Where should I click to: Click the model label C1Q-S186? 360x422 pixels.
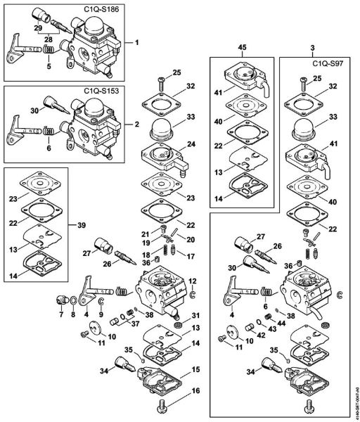click(101, 12)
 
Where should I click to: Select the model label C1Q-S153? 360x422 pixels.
click(101, 91)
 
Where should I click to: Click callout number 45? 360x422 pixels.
click(243, 48)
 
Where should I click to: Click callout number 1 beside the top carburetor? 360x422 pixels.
click(136, 42)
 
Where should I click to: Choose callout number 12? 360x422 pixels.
click(191, 281)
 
